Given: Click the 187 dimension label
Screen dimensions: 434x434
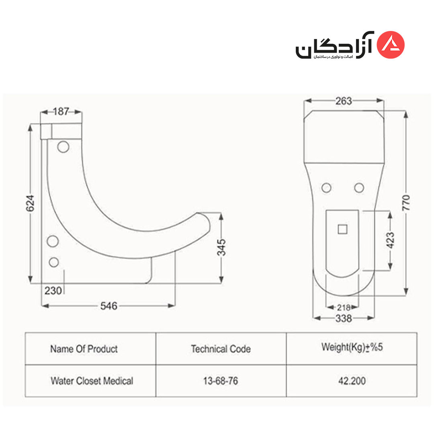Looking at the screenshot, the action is pyautogui.click(x=61, y=112).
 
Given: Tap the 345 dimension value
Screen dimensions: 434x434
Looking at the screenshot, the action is pyautogui.click(x=221, y=247).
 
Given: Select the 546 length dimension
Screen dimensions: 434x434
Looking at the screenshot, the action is pyautogui.click(x=109, y=306).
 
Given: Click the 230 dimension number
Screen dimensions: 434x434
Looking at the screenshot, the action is pyautogui.click(x=53, y=291).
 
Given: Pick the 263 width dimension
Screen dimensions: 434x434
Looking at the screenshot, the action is pyautogui.click(x=344, y=101).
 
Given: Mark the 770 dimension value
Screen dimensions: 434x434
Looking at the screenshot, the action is pyautogui.click(x=406, y=203).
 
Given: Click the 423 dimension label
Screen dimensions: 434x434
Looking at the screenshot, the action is pyautogui.click(x=390, y=240).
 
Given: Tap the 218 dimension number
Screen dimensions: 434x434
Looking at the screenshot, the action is pyautogui.click(x=344, y=307).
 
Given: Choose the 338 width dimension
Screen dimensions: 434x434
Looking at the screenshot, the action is pyautogui.click(x=344, y=319).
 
